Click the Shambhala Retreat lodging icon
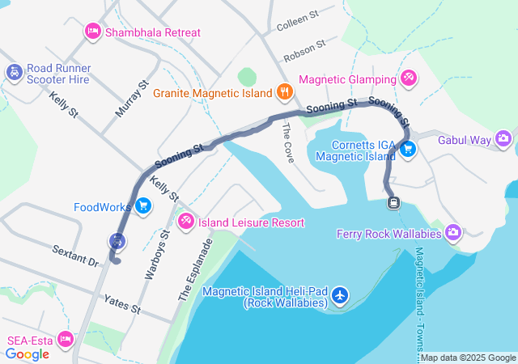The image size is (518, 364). tap(93, 32)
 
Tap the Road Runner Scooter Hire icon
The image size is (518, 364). tap(14, 73)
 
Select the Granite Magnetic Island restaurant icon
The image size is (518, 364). tap(283, 92)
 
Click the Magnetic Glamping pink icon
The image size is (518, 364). tap(409, 78)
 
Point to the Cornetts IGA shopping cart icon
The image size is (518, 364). tap(408, 149)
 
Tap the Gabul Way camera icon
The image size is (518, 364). tap(503, 139)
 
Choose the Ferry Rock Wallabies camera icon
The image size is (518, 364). tap(452, 234)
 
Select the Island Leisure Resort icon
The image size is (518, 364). tap(185, 221)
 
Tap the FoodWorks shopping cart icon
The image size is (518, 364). tap(143, 206)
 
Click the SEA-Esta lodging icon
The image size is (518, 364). tap(66, 340)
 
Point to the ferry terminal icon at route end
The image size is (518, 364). tap(393, 201)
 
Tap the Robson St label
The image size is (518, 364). tap(304, 52)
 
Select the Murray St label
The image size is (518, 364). tap(133, 98)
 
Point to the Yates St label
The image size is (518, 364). tap(122, 304)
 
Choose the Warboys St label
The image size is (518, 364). tap(155, 256)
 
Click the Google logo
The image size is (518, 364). tap(28, 354)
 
